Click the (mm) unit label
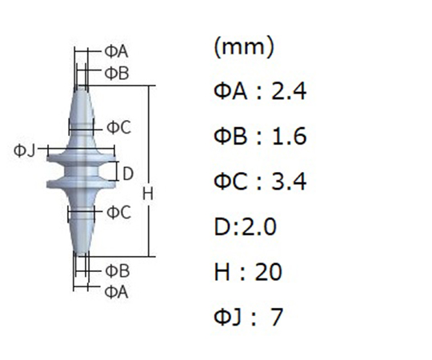[244, 47]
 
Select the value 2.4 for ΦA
[289, 92]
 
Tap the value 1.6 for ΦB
[290, 136]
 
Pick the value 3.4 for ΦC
[289, 182]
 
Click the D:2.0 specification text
[245, 226]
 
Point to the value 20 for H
[268, 272]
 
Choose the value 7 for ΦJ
[276, 317]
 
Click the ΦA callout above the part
[116, 51]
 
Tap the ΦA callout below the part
[116, 292]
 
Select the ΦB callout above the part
[117, 74]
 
